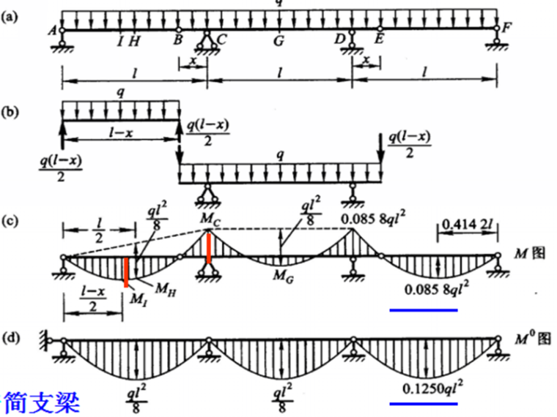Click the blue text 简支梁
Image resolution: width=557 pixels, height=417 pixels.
tap(42, 401)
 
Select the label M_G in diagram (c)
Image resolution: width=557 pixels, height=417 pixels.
tap(282, 275)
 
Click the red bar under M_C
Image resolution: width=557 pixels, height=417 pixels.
tap(210, 247)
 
